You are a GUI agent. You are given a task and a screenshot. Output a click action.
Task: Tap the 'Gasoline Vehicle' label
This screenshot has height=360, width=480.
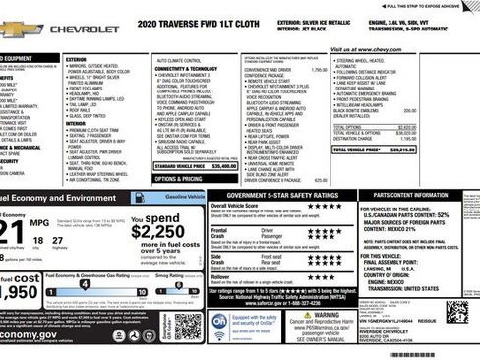coord(185,197)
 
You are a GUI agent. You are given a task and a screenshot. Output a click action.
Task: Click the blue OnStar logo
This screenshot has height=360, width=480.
coord(218,321)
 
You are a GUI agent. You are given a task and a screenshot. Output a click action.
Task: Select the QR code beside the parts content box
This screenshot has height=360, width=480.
coord(457,315)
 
